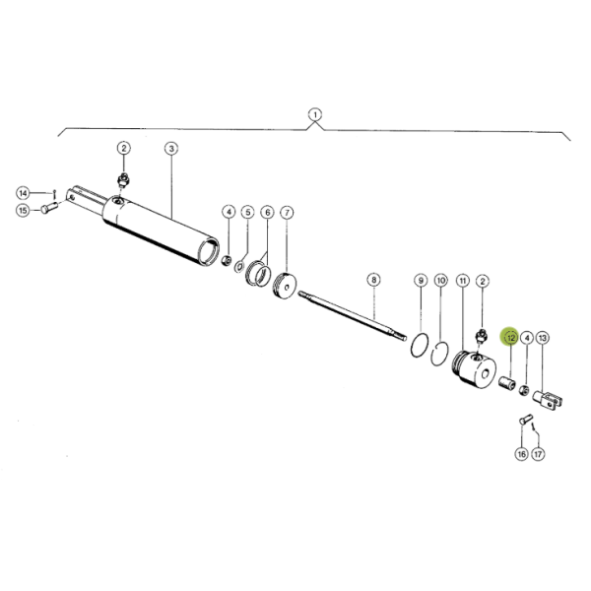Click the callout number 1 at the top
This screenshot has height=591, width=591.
(x=315, y=114)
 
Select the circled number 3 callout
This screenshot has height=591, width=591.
(x=170, y=149)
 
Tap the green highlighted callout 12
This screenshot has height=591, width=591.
(x=510, y=337)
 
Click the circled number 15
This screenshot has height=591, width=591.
(x=22, y=209)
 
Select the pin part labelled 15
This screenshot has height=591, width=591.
(x=50, y=208)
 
